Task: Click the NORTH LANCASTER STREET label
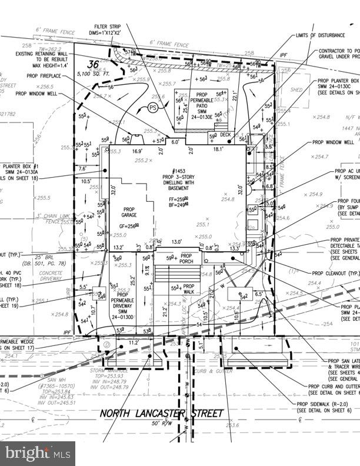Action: click(x=162, y=413)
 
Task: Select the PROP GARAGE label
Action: click(x=129, y=212)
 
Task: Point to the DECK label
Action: click(x=225, y=135)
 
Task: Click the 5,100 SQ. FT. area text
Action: click(x=94, y=74)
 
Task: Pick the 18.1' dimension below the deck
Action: click(x=218, y=149)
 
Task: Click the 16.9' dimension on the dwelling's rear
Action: click(x=137, y=151)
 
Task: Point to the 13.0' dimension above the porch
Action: click(x=176, y=242)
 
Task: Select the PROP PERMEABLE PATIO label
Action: click(x=202, y=104)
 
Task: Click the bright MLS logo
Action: click(x=38, y=453)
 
